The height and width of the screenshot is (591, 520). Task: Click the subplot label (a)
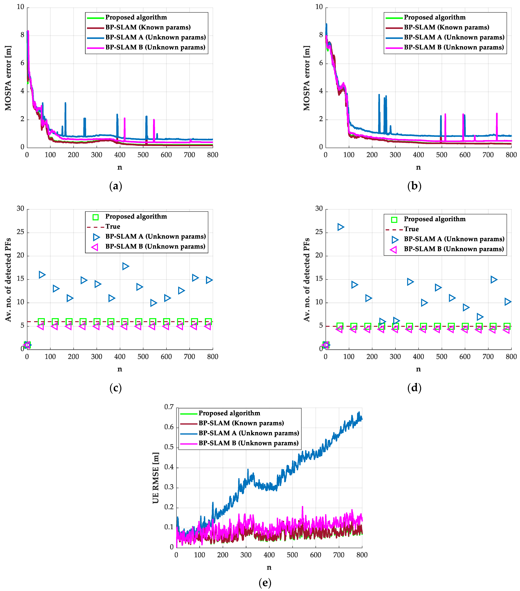pyautogui.click(x=116, y=186)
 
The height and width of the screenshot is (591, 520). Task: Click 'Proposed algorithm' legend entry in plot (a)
pyautogui.click(x=136, y=17)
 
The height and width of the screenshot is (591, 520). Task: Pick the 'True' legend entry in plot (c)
pyautogui.click(x=112, y=226)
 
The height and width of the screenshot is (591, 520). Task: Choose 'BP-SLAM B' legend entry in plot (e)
pyautogui.click(x=248, y=443)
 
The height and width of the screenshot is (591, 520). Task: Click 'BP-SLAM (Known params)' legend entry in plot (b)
pyautogui.click(x=446, y=27)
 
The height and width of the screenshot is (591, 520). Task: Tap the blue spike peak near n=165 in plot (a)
pyautogui.click(x=65, y=103)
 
